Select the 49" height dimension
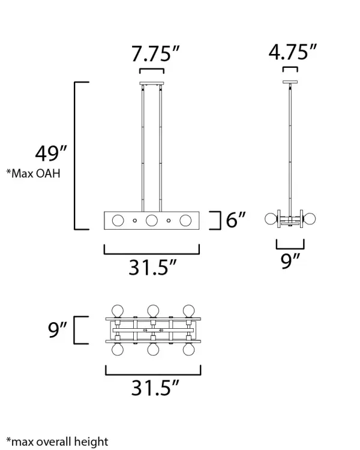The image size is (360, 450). point(51,154)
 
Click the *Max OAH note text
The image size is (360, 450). point(34,173)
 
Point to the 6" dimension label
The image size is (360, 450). point(236,220)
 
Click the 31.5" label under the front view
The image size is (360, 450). point(152,268)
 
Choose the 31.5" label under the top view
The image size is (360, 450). point(155,388)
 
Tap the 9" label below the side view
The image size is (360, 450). point(290,261)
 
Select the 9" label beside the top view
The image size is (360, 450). point(58,330)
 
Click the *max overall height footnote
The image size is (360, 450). point(58,442)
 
